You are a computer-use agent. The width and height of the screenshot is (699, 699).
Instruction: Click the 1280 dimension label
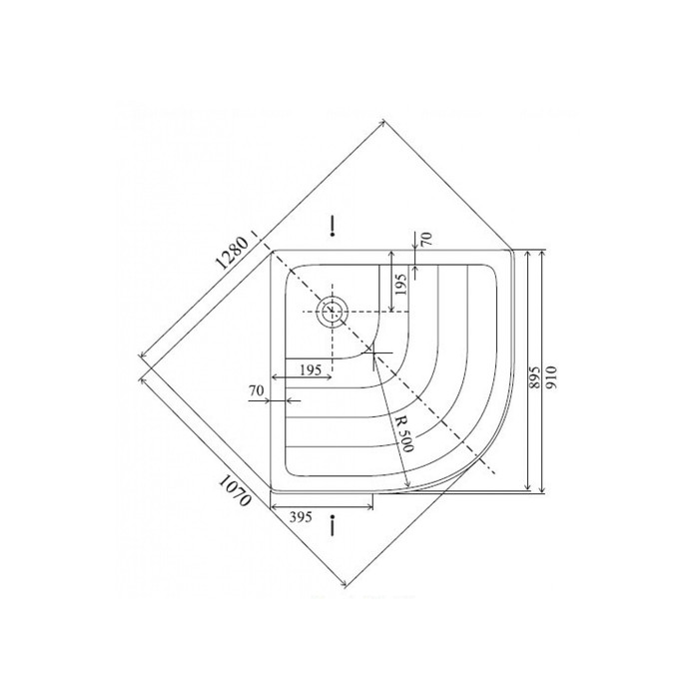pyautogui.click(x=232, y=253)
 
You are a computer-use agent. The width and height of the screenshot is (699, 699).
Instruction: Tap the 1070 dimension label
pyautogui.click(x=235, y=490)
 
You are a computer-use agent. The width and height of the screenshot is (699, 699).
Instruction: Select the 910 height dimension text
pyautogui.click(x=551, y=377)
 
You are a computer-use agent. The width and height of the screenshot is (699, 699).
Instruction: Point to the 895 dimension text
pyautogui.click(x=535, y=378)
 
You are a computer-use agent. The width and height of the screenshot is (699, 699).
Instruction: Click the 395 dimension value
pyautogui.click(x=301, y=517)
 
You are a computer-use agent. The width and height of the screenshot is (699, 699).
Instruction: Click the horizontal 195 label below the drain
pyautogui.click(x=311, y=369)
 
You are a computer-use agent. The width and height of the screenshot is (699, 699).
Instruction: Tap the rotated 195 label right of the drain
pyautogui.click(x=401, y=285)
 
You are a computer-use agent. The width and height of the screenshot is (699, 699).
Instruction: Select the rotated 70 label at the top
pyautogui.click(x=426, y=240)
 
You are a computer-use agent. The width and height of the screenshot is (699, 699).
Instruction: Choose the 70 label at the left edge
pyautogui.click(x=257, y=390)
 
